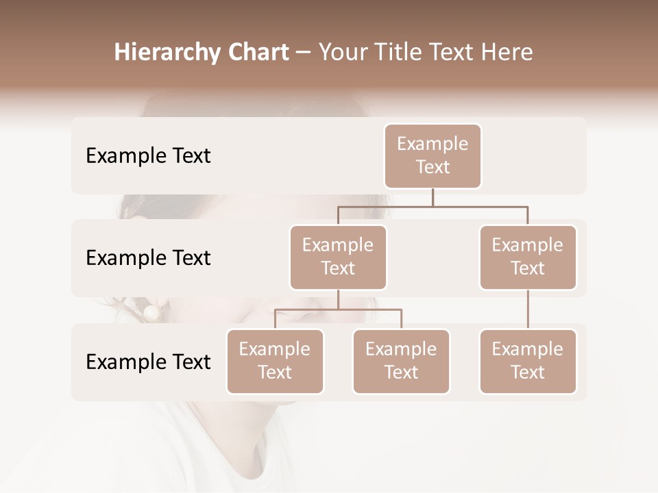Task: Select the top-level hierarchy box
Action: click(432, 156)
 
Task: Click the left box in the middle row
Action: click(338, 257)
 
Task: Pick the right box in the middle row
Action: click(528, 257)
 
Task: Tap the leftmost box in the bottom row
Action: click(275, 362)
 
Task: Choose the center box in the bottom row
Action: click(401, 362)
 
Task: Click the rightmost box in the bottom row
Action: click(528, 362)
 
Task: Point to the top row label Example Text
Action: click(148, 156)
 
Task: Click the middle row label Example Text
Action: click(148, 258)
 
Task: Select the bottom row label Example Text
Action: click(148, 362)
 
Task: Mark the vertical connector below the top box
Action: click(432, 197)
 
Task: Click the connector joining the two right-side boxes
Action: click(528, 309)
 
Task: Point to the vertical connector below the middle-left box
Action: click(338, 300)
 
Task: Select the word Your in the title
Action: click(340, 53)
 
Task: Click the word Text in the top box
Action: click(432, 167)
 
